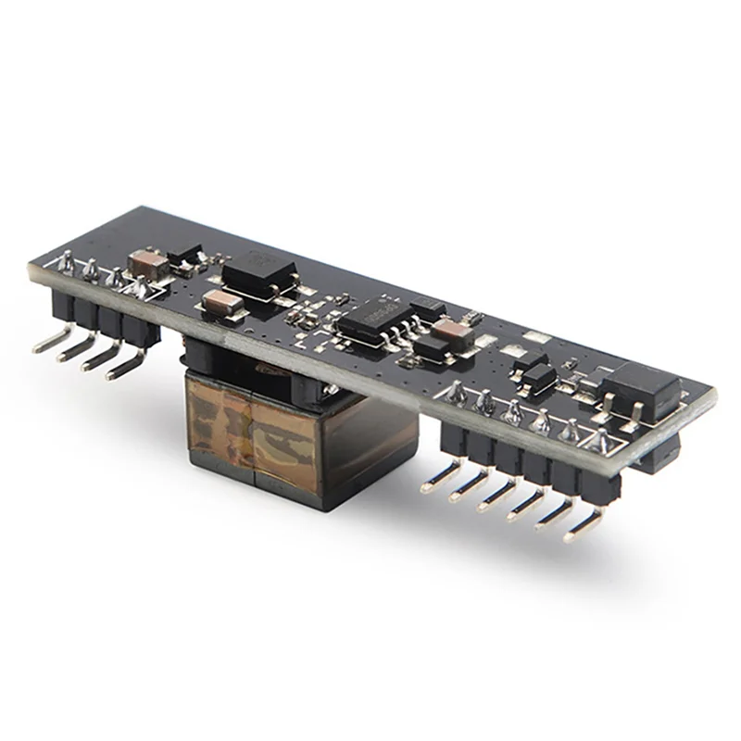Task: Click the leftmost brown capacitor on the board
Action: point(150,264)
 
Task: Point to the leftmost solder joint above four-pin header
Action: point(67,265)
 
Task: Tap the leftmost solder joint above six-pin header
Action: point(456,394)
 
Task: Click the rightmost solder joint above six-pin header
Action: point(603,441)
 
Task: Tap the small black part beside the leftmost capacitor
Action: point(189,254)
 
